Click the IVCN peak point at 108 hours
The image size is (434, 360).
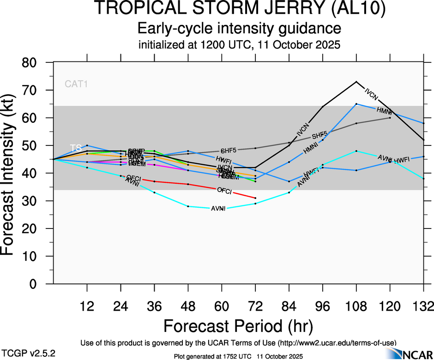(x=356, y=82)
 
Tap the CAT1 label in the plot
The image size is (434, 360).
(x=76, y=84)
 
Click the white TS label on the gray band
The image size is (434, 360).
(x=76, y=148)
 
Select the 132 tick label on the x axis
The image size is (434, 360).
(x=424, y=306)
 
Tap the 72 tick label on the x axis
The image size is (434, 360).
(x=255, y=306)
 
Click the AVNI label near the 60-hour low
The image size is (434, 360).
(x=218, y=209)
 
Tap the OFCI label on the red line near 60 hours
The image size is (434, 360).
(x=224, y=190)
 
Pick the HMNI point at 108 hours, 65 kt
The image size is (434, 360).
(x=356, y=104)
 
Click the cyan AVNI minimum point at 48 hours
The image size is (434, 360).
(x=188, y=206)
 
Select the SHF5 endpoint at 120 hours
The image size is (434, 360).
(x=390, y=118)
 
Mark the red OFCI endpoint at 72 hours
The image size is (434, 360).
(x=255, y=198)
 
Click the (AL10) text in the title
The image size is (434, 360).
(x=358, y=9)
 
